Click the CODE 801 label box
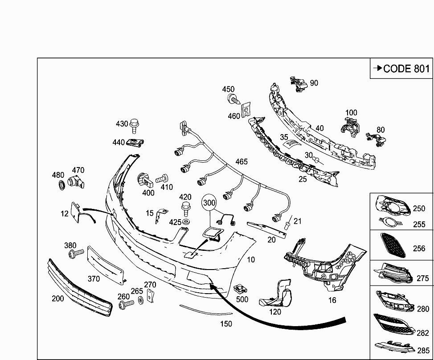click(x=401, y=68)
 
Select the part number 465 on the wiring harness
click(x=241, y=162)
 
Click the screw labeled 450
click(x=231, y=99)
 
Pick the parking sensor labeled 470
click(x=77, y=181)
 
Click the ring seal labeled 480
click(x=60, y=185)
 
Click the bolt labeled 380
click(x=75, y=254)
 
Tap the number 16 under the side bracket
click(x=332, y=300)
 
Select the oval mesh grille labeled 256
click(x=392, y=245)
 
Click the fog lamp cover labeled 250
click(x=392, y=205)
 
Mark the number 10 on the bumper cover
click(x=251, y=259)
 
